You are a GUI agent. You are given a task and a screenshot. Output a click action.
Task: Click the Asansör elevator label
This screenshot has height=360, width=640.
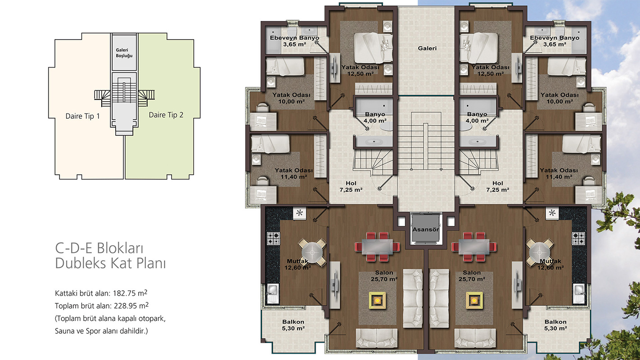pos(425,229)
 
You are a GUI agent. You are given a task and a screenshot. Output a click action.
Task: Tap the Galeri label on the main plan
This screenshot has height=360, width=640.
pos(427,48)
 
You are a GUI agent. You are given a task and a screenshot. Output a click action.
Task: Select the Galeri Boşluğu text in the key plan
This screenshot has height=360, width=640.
pos(124,53)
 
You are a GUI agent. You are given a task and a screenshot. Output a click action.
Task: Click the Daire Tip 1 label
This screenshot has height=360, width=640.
pos(82,116)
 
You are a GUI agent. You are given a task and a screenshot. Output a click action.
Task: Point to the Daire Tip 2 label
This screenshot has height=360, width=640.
pos(166,115)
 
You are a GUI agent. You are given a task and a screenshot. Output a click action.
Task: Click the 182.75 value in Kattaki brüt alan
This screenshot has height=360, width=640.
pos(124,293)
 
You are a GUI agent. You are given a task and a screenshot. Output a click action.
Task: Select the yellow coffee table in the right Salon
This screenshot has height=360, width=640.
pos(474,300)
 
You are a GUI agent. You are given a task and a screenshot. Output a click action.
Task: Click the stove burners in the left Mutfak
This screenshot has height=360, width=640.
pos(274,238)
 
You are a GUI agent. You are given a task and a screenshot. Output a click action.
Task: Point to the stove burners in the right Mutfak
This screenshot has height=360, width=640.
pos(578,238)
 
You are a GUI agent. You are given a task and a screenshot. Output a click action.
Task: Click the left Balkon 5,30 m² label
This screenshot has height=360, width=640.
pos(293,325)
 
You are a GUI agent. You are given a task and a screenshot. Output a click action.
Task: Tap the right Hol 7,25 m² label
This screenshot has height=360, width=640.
pos(498,187)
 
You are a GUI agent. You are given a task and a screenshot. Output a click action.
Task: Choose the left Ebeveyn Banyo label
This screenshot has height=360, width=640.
pos(295,41)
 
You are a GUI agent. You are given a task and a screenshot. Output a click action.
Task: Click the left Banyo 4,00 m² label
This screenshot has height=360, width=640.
pos(375,117)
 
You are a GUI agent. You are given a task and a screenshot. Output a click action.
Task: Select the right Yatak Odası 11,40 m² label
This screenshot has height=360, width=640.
pos(559,173)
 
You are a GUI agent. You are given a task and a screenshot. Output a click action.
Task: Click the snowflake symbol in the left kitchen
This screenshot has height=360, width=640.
pos(299,213)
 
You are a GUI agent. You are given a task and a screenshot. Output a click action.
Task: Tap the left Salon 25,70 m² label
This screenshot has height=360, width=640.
pos(384,276)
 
